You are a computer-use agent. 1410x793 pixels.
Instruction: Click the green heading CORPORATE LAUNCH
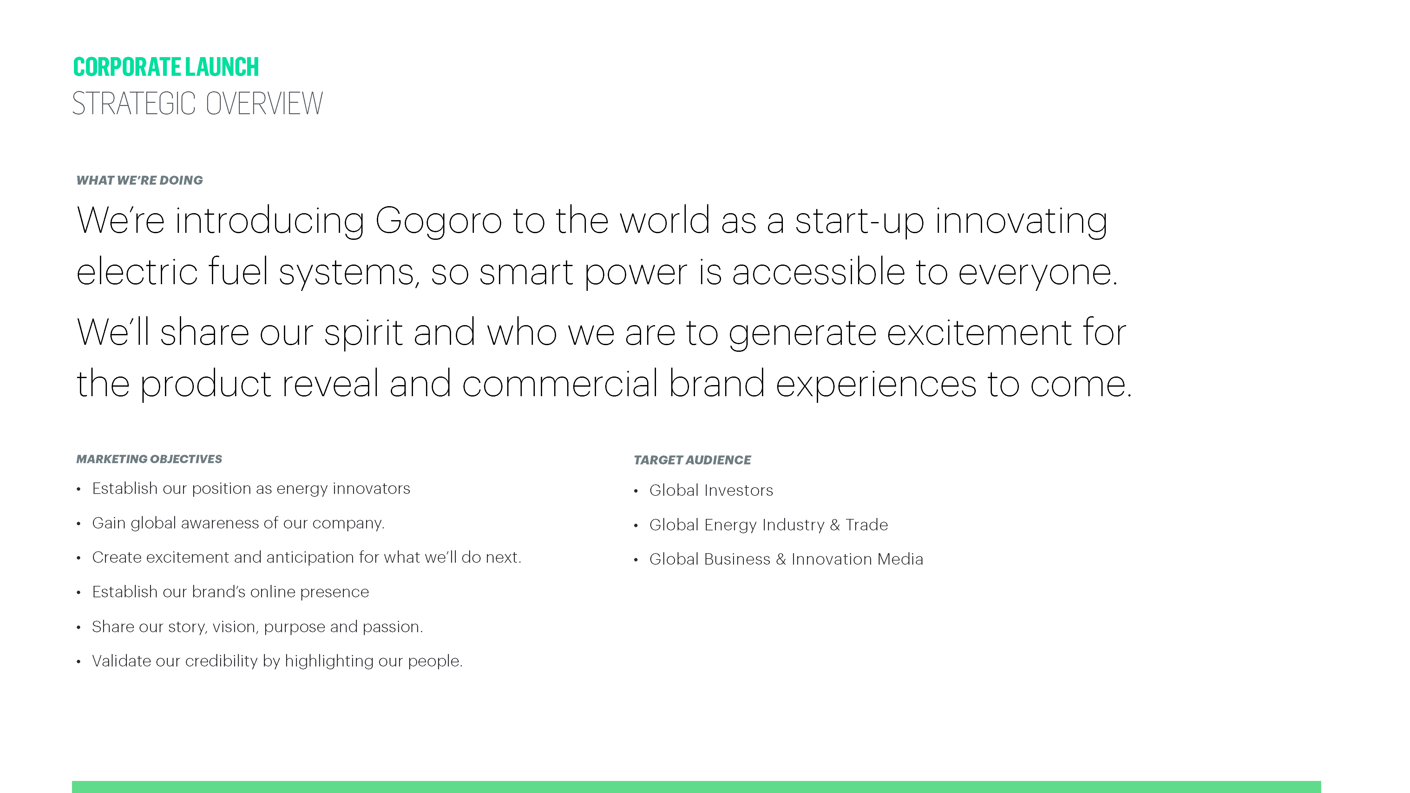[166, 67]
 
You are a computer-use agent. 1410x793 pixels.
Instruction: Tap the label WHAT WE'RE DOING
[140, 180]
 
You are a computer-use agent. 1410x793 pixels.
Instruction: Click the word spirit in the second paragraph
[364, 333]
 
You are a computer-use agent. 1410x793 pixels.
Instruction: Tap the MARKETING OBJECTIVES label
[149, 459]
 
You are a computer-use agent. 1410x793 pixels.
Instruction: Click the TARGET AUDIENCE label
[692, 460]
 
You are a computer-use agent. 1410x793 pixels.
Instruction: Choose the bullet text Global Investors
[711, 490]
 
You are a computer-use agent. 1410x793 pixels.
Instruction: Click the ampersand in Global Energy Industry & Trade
[835, 525]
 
